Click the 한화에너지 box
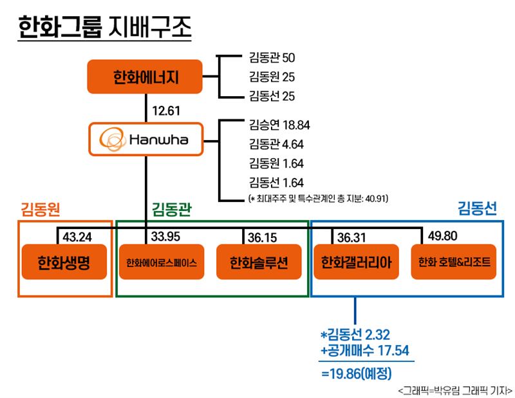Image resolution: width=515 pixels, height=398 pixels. (x=144, y=77)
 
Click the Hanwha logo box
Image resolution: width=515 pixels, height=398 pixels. (x=146, y=139)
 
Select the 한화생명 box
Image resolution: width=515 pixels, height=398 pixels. (x=64, y=262)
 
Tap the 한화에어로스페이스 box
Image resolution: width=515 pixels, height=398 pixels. (x=162, y=262)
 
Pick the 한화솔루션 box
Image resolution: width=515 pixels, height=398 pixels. (x=259, y=262)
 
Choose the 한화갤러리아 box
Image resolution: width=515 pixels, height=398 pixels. (x=357, y=262)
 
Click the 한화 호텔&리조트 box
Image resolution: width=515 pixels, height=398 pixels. (x=454, y=262)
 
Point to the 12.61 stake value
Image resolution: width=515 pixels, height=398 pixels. (x=166, y=111)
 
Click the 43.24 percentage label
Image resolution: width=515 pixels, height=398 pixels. (x=77, y=237)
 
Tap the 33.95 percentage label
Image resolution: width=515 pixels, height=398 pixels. (x=165, y=236)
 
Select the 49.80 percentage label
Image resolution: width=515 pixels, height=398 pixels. (x=442, y=235)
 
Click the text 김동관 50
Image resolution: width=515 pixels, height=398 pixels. (x=272, y=57)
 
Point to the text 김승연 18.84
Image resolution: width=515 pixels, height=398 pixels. (x=279, y=125)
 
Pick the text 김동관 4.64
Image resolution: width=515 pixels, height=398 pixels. (x=276, y=144)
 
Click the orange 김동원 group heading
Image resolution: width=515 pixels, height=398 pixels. (x=41, y=209)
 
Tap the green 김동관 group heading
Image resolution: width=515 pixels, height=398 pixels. (x=171, y=210)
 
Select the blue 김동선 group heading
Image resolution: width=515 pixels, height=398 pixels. (x=477, y=208)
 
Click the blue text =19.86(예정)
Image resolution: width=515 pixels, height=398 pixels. (x=357, y=373)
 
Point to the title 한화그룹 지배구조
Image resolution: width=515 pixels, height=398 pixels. (x=104, y=26)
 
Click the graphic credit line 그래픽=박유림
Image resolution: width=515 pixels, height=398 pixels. (x=455, y=391)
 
